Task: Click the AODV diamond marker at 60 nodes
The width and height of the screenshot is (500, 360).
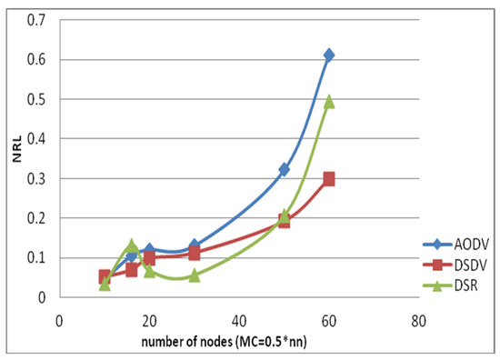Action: (329, 55)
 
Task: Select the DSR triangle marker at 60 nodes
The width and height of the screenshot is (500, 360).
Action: (329, 102)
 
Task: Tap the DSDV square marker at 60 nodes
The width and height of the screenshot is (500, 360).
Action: (329, 179)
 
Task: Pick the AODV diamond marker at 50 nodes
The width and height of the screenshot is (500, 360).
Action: (284, 169)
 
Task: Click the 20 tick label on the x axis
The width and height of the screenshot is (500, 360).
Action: (149, 319)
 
